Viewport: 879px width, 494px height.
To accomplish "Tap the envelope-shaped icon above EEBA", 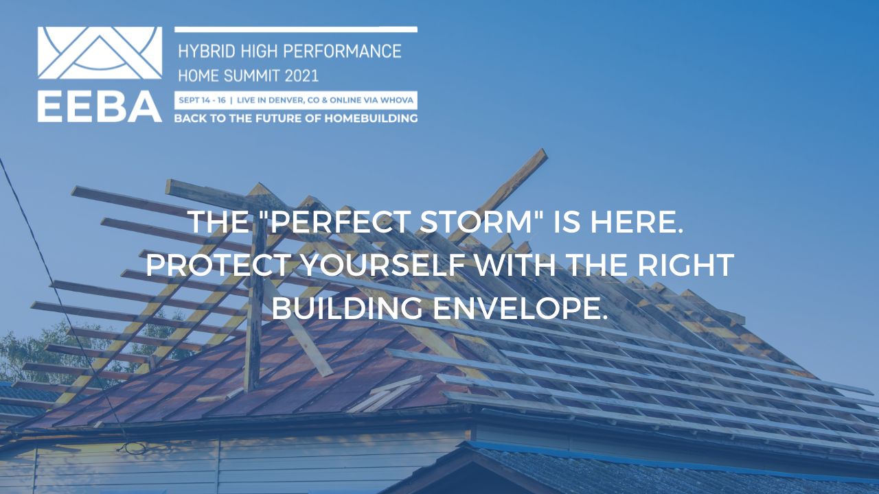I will tap(100, 53).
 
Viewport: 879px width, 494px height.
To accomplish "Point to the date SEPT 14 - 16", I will tap(202, 99).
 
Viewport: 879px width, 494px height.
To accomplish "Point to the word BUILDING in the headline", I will tap(347, 308).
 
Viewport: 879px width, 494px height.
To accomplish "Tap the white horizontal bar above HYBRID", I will tap(296, 30).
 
